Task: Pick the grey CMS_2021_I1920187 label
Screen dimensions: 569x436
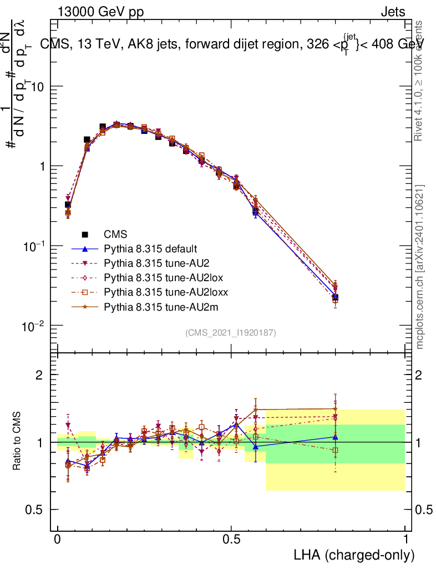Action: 231,332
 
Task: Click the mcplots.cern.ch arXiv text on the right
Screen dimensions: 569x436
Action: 420,267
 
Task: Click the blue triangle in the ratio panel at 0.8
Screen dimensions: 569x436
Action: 334,437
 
